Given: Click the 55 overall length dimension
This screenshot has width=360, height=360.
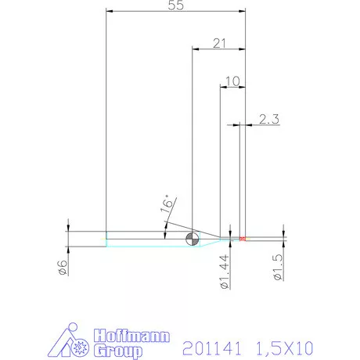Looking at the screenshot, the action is click(176, 5).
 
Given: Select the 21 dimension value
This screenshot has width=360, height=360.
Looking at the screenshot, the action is click(219, 43).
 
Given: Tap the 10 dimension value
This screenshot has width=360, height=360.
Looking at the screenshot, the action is click(232, 81).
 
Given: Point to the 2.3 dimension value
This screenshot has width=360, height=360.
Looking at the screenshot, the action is click(269, 119).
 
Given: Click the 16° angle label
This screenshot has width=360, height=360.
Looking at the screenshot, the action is click(167, 203).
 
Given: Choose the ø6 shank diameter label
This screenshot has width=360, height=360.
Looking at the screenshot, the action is click(63, 267).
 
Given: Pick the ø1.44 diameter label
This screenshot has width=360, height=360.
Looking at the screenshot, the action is click(225, 272).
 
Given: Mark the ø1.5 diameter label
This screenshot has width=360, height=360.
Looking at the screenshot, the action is click(278, 268).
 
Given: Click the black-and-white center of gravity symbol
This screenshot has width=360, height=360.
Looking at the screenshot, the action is click(193, 239).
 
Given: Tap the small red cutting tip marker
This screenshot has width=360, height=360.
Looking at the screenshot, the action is click(243, 239).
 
